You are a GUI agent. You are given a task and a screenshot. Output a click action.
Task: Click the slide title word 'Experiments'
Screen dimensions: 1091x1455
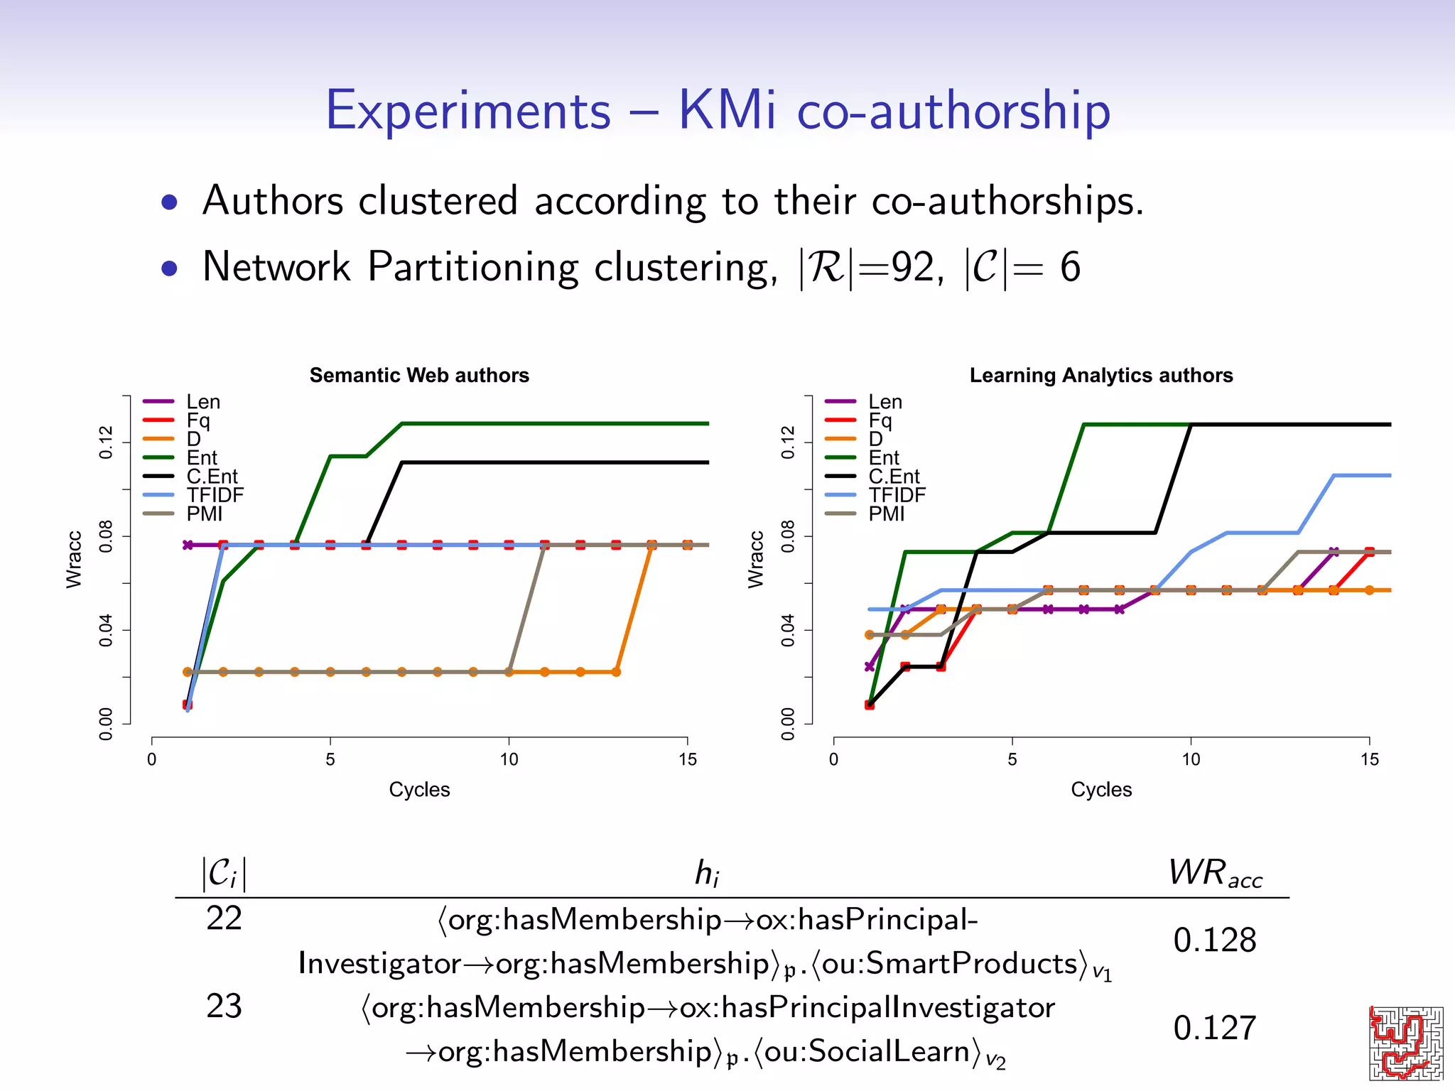pyautogui.click(x=468, y=112)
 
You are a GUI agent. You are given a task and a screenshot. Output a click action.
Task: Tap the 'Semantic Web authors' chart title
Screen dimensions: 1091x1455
pyautogui.click(x=419, y=375)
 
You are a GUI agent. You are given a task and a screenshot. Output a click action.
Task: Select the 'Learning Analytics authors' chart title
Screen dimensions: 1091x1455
pyautogui.click(x=1100, y=375)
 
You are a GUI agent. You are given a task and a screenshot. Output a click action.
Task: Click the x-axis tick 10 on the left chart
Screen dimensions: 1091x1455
pyautogui.click(x=509, y=759)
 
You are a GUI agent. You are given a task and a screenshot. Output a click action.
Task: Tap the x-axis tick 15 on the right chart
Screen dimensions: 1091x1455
pyautogui.click(x=1369, y=759)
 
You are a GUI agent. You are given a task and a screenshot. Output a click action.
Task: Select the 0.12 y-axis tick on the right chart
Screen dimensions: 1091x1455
pyautogui.click(x=788, y=443)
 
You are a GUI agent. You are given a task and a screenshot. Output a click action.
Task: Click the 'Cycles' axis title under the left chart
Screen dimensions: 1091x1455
pyautogui.click(x=419, y=790)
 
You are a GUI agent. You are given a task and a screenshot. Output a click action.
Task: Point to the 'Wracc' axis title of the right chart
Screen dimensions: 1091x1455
pyautogui.click(x=756, y=560)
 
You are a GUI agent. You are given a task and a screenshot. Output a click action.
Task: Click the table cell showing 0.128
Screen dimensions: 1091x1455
pyautogui.click(x=1214, y=940)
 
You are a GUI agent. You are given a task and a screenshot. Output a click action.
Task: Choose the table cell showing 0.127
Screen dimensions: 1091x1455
pyautogui.click(x=1214, y=1028)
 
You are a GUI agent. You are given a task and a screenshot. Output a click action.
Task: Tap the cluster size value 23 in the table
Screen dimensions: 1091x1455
pyautogui.click(x=224, y=1006)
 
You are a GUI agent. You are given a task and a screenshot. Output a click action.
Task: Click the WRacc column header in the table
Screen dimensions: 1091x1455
pyautogui.click(x=1214, y=873)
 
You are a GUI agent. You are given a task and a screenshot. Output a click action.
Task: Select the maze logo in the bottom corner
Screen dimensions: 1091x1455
pyautogui.click(x=1405, y=1042)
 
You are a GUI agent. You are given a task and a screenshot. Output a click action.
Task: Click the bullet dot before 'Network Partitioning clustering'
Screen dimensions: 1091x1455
pyautogui.click(x=169, y=268)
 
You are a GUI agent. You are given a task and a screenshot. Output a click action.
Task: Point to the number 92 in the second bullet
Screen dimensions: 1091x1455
pyautogui.click(x=912, y=268)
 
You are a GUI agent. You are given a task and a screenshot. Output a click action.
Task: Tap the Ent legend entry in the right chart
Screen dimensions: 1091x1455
pyautogui.click(x=883, y=458)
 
